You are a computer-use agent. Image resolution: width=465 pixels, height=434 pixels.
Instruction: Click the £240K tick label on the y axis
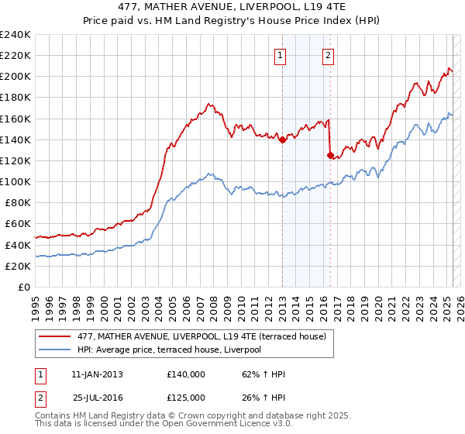point(15,35)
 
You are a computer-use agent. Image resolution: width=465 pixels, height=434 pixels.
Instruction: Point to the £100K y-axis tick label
point(15,181)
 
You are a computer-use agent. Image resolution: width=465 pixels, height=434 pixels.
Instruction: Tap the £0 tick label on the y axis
point(24,287)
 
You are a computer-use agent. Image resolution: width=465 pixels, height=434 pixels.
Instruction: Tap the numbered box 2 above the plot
point(329,54)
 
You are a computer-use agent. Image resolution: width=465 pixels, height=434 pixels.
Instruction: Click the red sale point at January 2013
point(282,139)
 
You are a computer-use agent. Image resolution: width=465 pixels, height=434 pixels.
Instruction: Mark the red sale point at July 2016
point(331,155)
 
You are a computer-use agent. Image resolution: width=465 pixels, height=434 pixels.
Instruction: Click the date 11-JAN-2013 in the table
point(97,374)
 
